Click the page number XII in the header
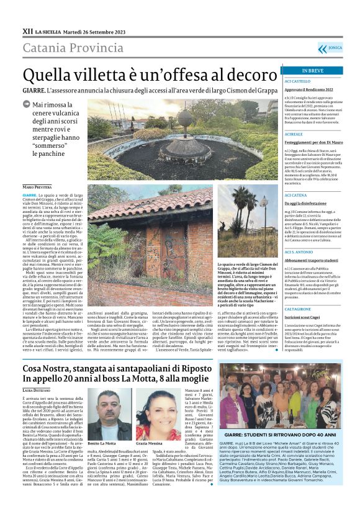point(28,30)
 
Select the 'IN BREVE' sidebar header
point(312,71)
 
